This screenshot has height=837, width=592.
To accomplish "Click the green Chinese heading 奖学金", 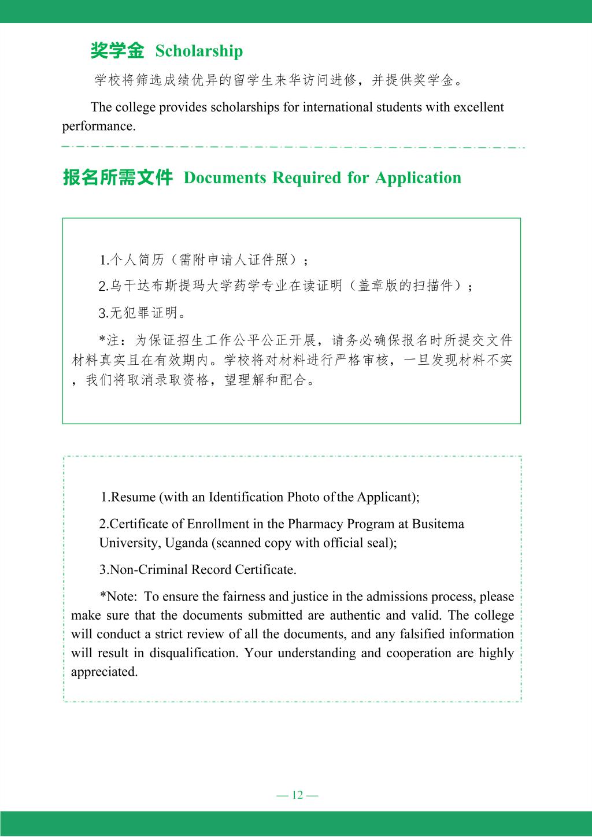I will click(x=117, y=51).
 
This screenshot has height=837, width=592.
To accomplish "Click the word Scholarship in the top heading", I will click(x=199, y=51).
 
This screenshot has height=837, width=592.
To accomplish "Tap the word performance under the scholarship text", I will click(x=98, y=126).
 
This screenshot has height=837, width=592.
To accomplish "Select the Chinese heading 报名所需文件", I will click(x=118, y=177).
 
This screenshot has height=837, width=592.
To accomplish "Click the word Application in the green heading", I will click(x=418, y=177).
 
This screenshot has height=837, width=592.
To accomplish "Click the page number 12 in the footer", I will click(x=298, y=795).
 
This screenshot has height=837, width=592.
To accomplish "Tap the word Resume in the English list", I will click(x=132, y=497).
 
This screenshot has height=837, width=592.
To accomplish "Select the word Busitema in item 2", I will click(x=438, y=524).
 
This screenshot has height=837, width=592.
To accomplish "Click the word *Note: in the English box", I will click(x=118, y=597).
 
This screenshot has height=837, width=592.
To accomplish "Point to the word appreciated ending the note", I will click(x=104, y=672).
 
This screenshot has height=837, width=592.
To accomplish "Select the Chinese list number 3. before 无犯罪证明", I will click(x=103, y=313).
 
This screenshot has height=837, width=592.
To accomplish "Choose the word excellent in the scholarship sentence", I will click(x=479, y=108).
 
